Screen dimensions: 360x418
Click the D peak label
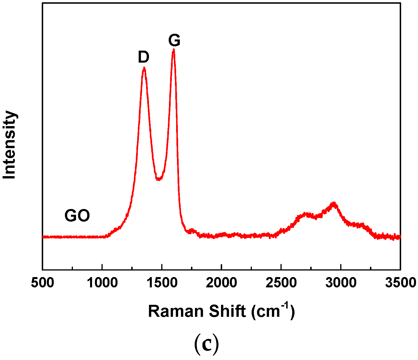(144, 57)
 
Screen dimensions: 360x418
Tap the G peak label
(174, 40)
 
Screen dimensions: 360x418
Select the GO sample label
(77, 216)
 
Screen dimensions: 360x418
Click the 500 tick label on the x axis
(42, 283)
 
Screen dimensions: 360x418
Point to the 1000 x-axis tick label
(102, 283)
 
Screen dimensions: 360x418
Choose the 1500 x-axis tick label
(162, 283)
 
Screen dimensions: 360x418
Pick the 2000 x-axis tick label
(222, 283)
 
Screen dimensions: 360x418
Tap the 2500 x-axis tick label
(281, 283)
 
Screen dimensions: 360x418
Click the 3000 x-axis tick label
(341, 283)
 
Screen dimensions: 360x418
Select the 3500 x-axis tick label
(400, 283)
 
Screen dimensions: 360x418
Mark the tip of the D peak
(144, 68)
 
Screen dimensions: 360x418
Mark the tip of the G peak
(174, 50)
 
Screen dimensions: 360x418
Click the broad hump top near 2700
(306, 213)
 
